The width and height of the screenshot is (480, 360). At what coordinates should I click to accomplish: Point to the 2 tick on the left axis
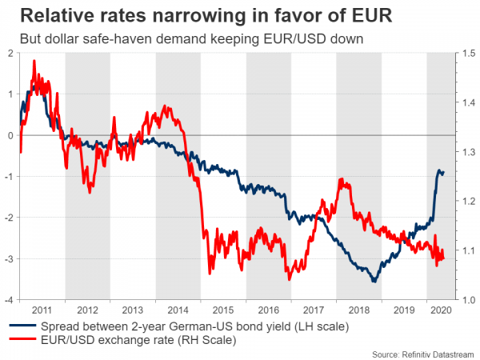9,53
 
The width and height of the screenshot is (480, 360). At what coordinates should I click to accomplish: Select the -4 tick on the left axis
7,300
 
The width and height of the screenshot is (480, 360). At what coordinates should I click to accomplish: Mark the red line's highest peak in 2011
34,61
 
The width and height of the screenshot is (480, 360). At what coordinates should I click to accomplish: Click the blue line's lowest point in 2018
373,282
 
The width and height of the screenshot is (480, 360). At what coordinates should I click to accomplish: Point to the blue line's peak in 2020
439,170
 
